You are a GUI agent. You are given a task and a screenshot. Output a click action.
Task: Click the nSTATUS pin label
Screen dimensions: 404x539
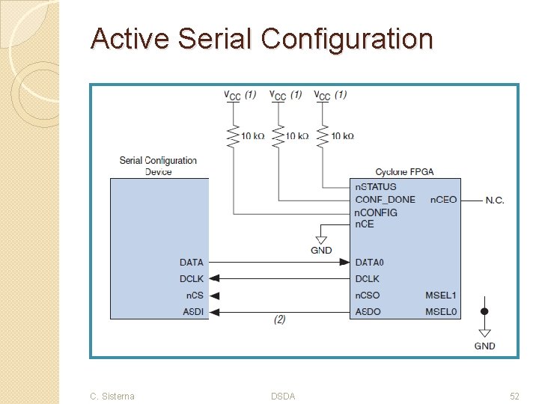[376, 187]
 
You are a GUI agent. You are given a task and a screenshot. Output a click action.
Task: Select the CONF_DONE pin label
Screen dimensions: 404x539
[385, 200]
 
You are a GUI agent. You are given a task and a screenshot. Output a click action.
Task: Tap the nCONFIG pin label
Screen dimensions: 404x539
[377, 212]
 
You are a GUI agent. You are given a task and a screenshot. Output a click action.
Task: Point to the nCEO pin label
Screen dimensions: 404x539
[443, 200]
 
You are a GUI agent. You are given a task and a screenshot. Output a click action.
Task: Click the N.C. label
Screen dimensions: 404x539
[495, 200]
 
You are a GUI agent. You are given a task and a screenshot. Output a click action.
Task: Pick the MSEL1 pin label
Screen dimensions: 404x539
[441, 296]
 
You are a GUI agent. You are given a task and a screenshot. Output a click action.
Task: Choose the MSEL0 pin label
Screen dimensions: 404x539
[441, 311]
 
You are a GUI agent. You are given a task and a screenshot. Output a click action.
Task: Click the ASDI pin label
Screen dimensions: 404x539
[192, 311]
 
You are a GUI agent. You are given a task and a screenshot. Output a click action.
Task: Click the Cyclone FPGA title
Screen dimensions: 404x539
[404, 172]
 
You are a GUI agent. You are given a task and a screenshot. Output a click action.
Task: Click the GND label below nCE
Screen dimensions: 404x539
[321, 250]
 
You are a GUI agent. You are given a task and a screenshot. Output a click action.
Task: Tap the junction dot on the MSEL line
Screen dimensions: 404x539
[484, 310]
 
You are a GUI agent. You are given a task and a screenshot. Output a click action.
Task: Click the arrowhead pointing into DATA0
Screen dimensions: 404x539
[344, 263]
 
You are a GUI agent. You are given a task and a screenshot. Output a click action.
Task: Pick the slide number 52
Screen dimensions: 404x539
[514, 396]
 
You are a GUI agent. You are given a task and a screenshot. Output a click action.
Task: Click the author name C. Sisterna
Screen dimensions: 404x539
[112, 396]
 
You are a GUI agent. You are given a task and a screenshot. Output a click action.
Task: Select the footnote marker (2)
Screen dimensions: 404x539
[279, 319]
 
